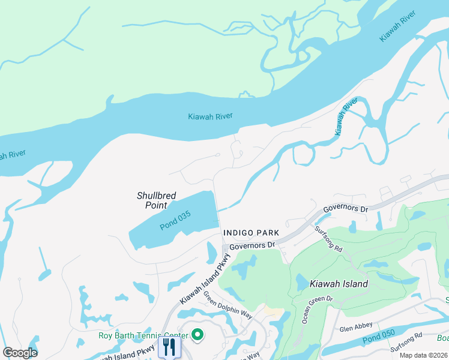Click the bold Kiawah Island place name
point(339,284)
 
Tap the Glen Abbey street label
point(356,328)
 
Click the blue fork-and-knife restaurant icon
point(169,347)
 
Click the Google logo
point(20,353)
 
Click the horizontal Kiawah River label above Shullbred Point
point(210,116)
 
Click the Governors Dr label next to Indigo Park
point(252,245)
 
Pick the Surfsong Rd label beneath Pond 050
point(406,352)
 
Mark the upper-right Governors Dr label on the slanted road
point(345,209)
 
